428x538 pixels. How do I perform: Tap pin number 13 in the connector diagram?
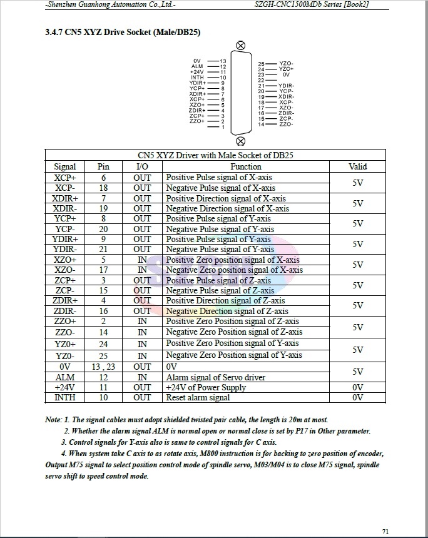(x=223, y=61)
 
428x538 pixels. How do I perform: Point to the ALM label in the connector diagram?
(x=197, y=66)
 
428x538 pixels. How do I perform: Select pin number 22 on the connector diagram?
(x=261, y=80)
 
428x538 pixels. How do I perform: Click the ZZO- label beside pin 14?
(x=286, y=124)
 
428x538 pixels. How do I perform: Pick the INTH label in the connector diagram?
(x=197, y=78)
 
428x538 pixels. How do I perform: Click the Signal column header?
(x=65, y=167)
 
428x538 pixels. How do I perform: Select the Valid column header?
(x=357, y=167)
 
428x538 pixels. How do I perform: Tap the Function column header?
(x=246, y=167)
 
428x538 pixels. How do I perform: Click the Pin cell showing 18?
(x=103, y=188)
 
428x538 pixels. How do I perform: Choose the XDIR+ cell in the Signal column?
(x=65, y=198)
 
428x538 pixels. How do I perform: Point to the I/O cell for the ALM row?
(x=142, y=377)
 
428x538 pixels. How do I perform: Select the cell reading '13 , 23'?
(x=103, y=367)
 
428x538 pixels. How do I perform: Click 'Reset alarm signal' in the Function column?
(x=198, y=398)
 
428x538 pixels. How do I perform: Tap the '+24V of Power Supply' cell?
(x=206, y=387)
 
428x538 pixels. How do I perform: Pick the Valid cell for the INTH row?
(x=357, y=398)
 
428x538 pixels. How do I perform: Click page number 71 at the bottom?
(x=385, y=531)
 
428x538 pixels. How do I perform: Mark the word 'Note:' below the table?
(x=53, y=420)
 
